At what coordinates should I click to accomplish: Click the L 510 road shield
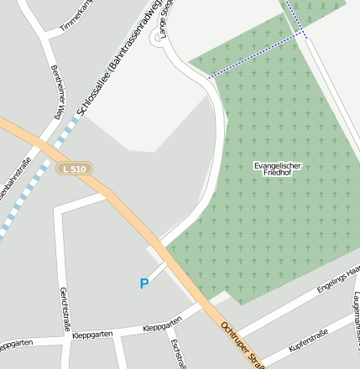pos(74,169)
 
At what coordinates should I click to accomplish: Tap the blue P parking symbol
pos(144,284)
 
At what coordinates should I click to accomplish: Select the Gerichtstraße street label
pos(64,308)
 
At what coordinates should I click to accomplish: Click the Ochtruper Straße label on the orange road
pos(243,344)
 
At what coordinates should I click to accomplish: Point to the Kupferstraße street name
pos(308,340)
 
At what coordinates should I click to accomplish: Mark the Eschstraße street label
pos(176,353)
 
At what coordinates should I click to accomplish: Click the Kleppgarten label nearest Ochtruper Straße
pos(163,326)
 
